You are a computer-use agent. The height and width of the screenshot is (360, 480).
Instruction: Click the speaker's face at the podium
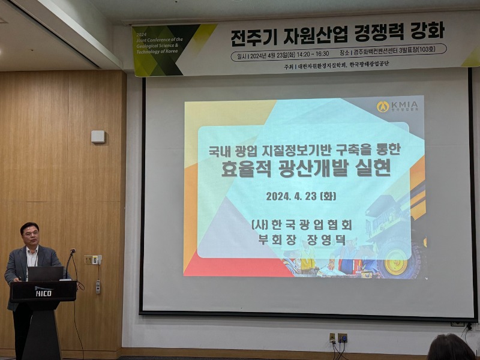pyautogui.click(x=29, y=235)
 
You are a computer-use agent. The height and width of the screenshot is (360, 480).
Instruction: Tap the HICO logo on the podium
pyautogui.click(x=43, y=292)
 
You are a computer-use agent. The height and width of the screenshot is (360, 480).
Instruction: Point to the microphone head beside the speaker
pyautogui.click(x=73, y=251)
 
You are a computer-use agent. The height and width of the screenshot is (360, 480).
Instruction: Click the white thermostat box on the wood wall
pyautogui.click(x=98, y=137)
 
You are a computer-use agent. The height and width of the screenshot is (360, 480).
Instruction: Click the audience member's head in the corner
pyautogui.click(x=451, y=347)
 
